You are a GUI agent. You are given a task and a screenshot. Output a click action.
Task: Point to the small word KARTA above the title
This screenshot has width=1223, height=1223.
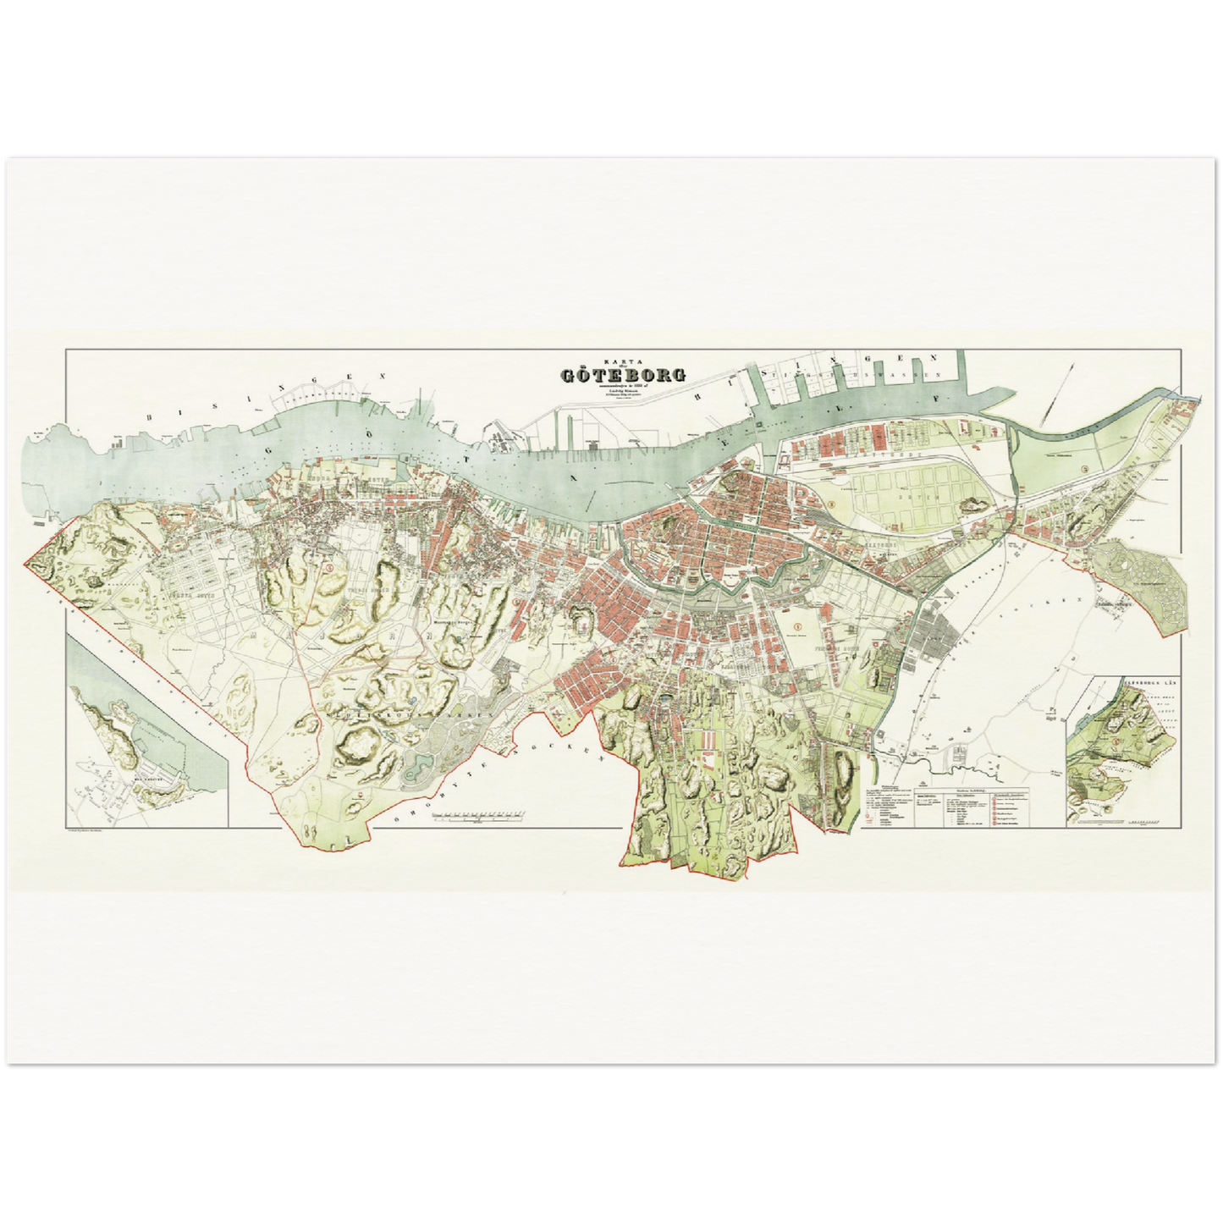[622, 359]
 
